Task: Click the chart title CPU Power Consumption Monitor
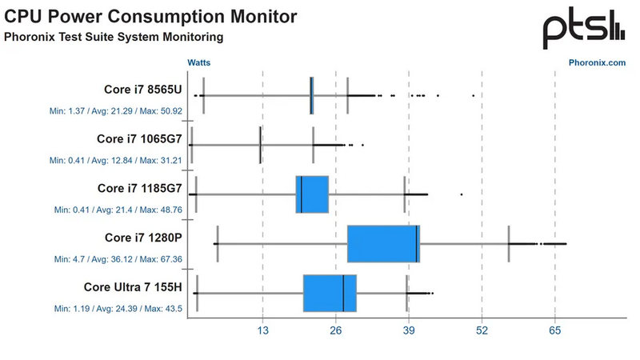(x=151, y=16)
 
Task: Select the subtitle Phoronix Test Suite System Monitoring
(x=114, y=37)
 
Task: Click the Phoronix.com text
(x=597, y=62)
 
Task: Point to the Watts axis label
(x=199, y=62)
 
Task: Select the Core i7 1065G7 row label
(x=139, y=138)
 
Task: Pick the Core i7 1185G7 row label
(x=139, y=188)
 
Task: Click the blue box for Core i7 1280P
(x=383, y=243)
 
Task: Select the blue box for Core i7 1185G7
(x=312, y=194)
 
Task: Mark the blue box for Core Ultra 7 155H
(x=330, y=293)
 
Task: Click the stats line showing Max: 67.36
(x=118, y=259)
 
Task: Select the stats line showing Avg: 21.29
(x=118, y=110)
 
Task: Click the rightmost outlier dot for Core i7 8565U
(x=473, y=95)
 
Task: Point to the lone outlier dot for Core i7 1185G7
(x=462, y=194)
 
